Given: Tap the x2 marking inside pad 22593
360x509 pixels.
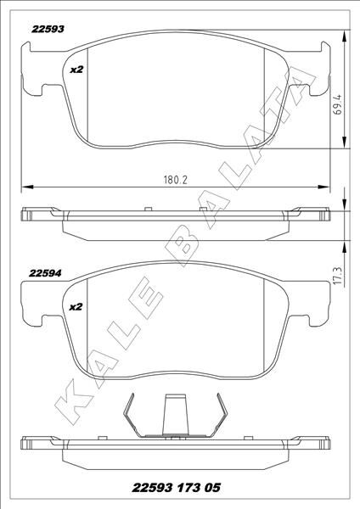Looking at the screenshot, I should (75, 69).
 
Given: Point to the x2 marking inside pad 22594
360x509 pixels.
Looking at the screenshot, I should (75, 306).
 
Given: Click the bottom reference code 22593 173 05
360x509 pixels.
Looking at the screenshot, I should (179, 488).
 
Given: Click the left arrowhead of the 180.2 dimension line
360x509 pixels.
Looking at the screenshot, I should (24, 187).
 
